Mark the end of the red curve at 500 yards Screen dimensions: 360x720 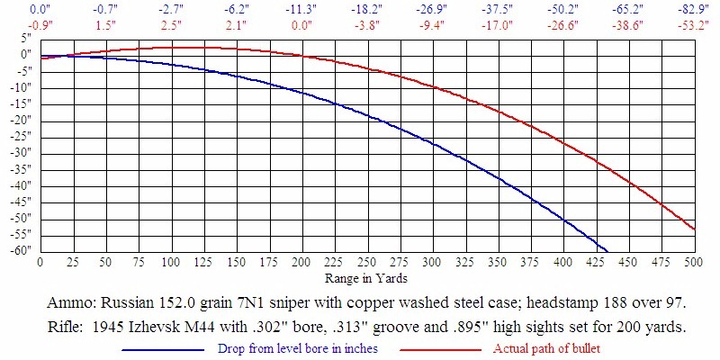[693, 229]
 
